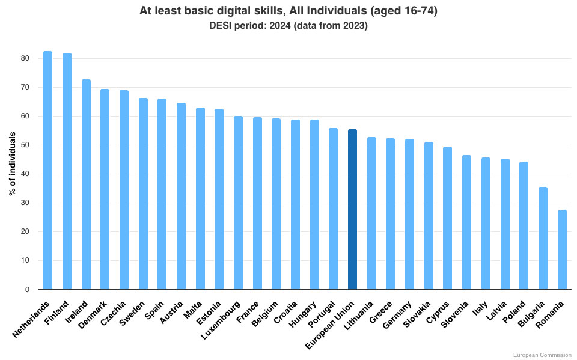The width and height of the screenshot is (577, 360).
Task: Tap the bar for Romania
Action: [x=562, y=249]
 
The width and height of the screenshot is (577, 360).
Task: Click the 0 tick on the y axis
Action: [x=27, y=290]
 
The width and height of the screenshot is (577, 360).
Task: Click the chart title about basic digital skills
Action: [x=288, y=10]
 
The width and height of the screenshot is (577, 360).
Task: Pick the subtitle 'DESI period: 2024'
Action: [x=288, y=25]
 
